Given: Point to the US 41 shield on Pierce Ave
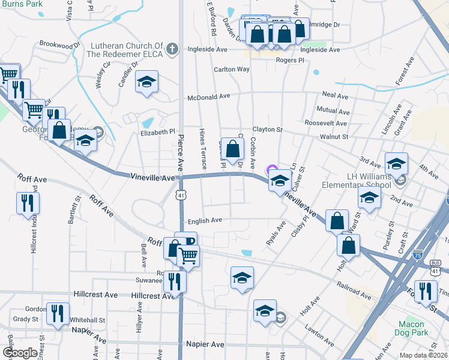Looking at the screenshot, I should pyautogui.click(x=181, y=195).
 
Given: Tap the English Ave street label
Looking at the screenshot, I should pyautogui.click(x=205, y=221).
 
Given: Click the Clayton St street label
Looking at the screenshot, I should pyautogui.click(x=267, y=129).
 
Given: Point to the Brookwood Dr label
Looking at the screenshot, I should pyautogui.click(x=60, y=44).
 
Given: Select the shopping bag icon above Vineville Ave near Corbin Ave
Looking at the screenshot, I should pyautogui.click(x=232, y=148).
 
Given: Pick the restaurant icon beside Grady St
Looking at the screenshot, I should pyautogui.click(x=58, y=313).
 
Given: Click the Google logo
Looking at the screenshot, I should pyautogui.click(x=20, y=353).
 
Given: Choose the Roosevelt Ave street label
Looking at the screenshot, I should pyautogui.click(x=325, y=124).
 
